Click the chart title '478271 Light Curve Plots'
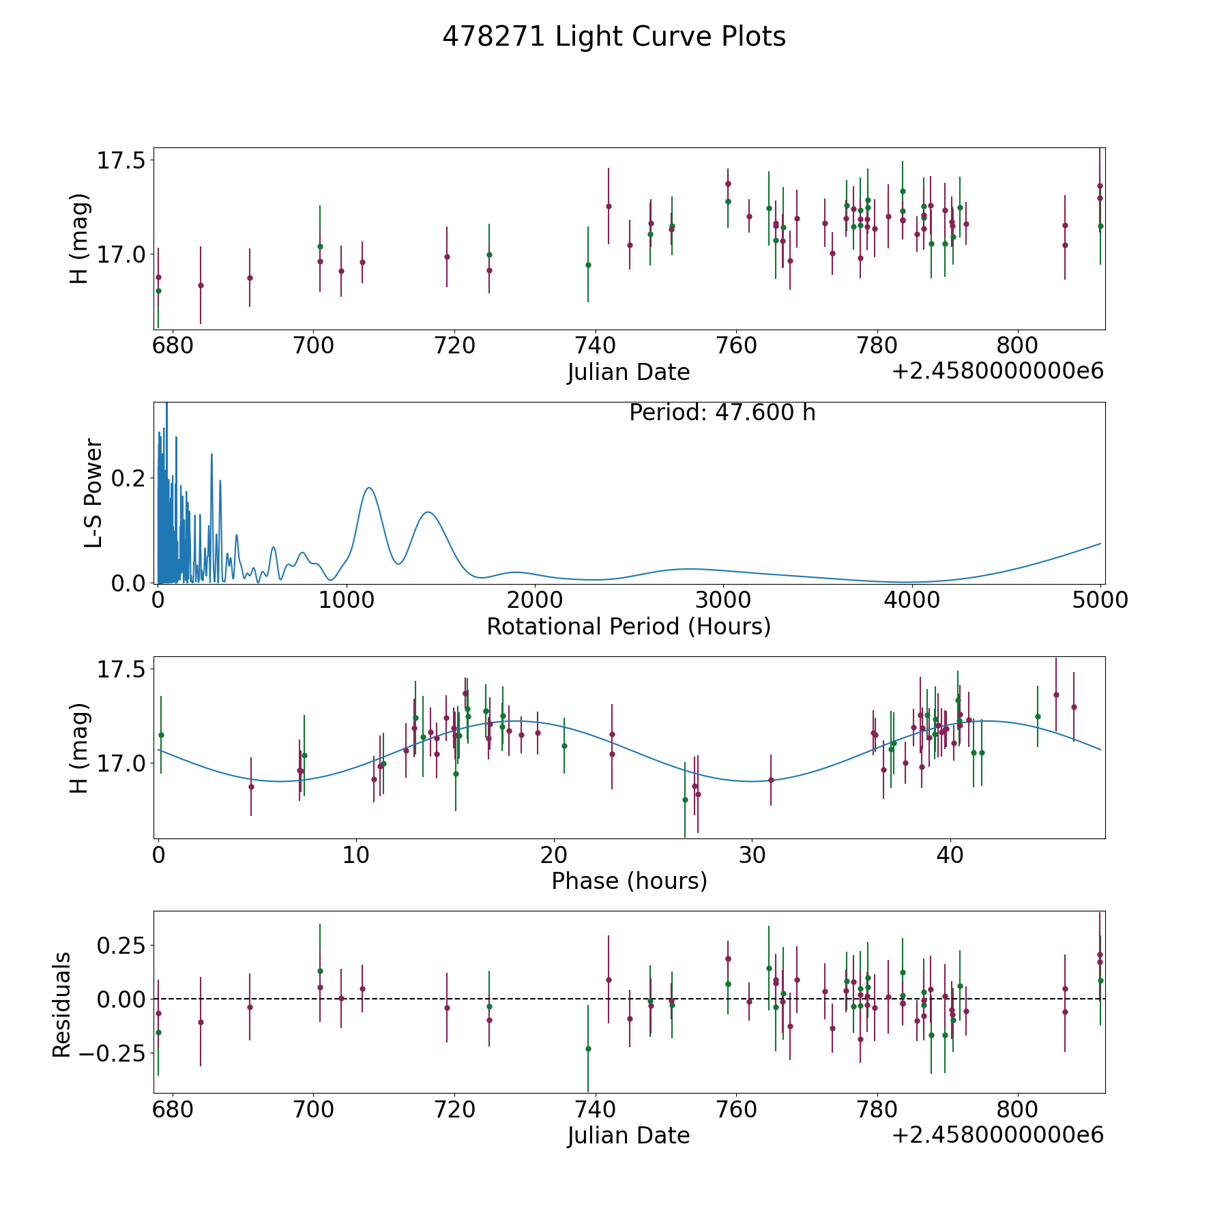pos(614,37)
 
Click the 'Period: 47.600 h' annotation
pos(722,413)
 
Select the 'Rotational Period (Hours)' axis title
pos(629,626)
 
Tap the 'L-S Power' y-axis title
pos(93,493)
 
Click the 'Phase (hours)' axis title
pos(629,881)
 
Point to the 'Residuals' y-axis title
pos(61,1005)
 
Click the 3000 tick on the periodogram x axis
pos(722,600)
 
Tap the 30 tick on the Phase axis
pos(751,855)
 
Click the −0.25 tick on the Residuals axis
pos(111,1053)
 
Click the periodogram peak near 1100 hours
pos(369,488)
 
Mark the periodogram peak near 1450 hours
pos(428,512)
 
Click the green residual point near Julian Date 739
pos(588,1049)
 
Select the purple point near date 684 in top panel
pos(201,285)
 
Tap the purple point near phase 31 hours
pos(771,780)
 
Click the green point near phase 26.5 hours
pos(685,800)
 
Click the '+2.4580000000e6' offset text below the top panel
pos(997,371)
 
